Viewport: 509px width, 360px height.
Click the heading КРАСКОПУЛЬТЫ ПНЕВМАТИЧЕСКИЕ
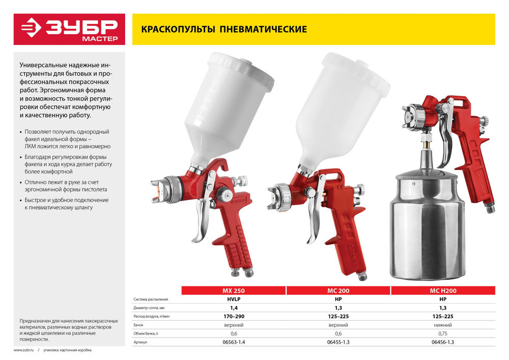pos(220,29)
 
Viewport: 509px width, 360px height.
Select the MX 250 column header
pos(234,291)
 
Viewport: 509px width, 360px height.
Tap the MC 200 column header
pos(338,291)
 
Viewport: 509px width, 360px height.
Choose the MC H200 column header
pos(442,291)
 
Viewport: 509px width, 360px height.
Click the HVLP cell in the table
pos(234,299)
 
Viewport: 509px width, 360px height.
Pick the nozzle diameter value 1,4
pos(234,308)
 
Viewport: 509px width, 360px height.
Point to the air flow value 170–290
pos(234,317)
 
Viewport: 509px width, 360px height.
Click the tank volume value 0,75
pos(442,334)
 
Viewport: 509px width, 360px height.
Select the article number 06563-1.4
pos(234,342)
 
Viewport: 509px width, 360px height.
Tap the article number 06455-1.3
pos(338,342)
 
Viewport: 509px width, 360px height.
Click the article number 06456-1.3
pos(442,342)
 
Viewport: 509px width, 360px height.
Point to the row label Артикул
pos(141,342)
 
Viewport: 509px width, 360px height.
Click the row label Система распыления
pos(151,299)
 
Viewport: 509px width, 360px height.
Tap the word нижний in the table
pos(442,325)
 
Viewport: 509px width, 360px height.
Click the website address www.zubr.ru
pos(24,350)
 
